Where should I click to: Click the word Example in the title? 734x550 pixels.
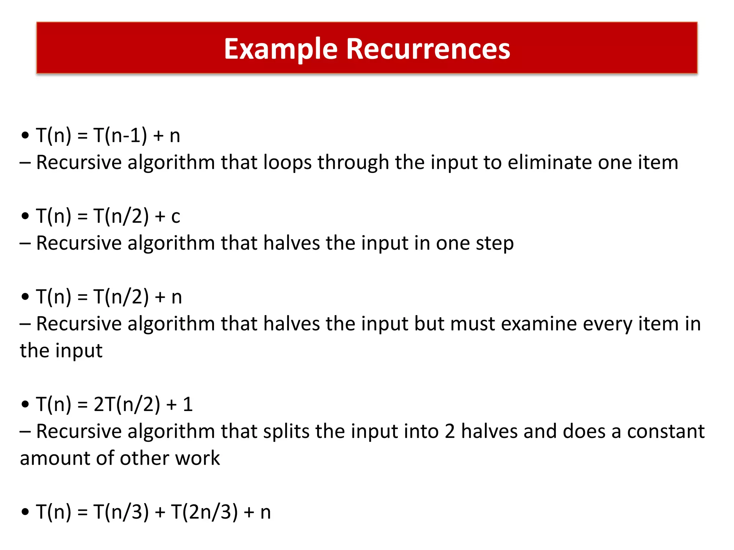pos(281,49)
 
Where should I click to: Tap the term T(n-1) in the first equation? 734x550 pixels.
pos(120,136)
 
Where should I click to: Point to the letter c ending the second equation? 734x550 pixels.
pos(176,217)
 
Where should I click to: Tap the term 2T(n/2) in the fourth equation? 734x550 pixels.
pos(127,404)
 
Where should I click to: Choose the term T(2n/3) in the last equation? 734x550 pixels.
pos(204,512)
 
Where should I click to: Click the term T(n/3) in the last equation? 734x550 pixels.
pos(121,512)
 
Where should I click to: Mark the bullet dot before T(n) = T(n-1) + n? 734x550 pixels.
pos(25,136)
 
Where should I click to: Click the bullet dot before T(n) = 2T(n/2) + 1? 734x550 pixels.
pos(25,405)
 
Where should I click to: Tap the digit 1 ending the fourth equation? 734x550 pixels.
pos(188,404)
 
